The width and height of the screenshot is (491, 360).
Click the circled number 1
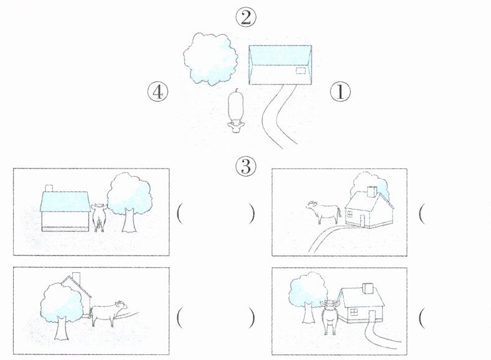tap(340, 92)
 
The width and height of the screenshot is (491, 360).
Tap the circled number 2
tap(246, 17)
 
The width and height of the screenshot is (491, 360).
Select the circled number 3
tap(246, 166)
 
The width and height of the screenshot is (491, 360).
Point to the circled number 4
tap(158, 92)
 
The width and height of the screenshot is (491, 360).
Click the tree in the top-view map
tap(210, 59)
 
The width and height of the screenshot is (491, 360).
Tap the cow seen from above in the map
tap(235, 111)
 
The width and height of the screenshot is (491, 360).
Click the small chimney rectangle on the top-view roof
tap(301, 71)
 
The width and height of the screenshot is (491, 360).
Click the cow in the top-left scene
tap(98, 218)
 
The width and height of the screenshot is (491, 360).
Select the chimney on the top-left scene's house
tap(49, 188)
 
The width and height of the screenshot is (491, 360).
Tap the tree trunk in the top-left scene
tap(129, 220)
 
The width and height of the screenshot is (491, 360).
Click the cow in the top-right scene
tap(324, 211)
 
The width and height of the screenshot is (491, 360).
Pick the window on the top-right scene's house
tap(350, 214)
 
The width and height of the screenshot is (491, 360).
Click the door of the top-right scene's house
tap(362, 221)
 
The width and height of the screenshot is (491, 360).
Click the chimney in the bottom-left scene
tap(76, 279)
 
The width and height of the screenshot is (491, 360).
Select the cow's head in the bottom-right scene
tap(330, 304)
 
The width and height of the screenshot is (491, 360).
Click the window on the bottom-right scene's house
tap(354, 312)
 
